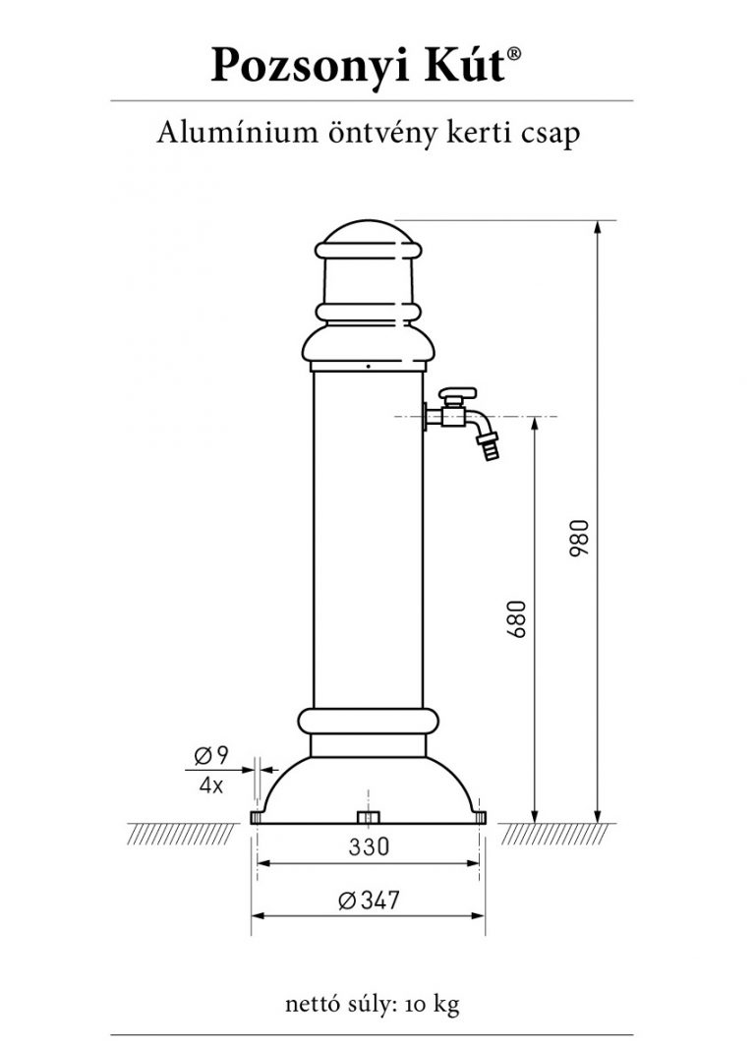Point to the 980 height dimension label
pyautogui.click(x=580, y=538)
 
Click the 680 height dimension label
pyautogui.click(x=517, y=619)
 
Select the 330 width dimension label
pyautogui.click(x=369, y=846)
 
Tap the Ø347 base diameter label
pyautogui.click(x=369, y=900)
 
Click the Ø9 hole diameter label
pyautogui.click(x=211, y=756)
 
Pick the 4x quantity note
pyautogui.click(x=211, y=785)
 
